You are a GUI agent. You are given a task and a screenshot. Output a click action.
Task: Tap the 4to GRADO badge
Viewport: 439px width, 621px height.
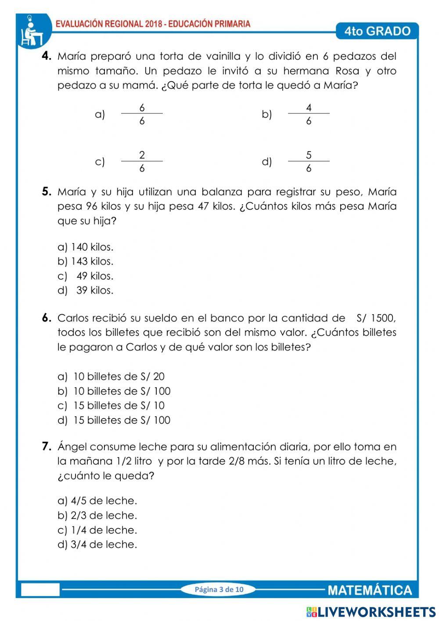[x=377, y=31]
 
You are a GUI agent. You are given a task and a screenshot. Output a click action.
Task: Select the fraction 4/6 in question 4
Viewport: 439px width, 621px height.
[x=309, y=114]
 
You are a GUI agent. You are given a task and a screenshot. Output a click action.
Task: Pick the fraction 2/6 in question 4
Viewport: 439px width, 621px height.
[x=142, y=162]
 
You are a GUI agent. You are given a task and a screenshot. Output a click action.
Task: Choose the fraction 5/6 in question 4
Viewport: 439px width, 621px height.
[x=309, y=162]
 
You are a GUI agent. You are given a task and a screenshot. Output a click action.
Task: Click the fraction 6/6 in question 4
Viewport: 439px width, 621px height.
[x=142, y=114]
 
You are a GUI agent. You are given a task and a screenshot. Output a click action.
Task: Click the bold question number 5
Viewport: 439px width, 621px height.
[x=47, y=192]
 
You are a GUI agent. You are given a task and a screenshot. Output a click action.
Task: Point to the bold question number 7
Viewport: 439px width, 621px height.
[x=47, y=447]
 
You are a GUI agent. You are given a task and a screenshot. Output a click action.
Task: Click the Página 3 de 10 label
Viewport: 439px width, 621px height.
[x=219, y=589]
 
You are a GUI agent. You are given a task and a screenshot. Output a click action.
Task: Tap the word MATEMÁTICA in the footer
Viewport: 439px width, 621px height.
[x=370, y=590]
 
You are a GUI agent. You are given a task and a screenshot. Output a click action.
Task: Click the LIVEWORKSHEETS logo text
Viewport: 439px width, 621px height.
[x=377, y=611]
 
